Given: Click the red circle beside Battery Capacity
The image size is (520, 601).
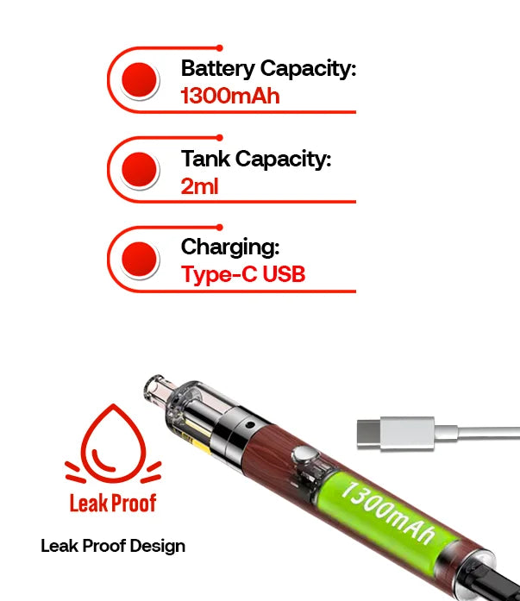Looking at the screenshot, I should coord(140,80).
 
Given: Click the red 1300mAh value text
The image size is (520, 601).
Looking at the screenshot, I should coord(230,95).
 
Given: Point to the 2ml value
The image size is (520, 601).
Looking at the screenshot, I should coord(199,185).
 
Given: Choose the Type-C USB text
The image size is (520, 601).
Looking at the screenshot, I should coord(243,275).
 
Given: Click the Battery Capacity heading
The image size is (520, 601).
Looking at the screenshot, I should coord(268,69).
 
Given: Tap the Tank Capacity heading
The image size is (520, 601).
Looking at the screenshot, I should coord(256,159).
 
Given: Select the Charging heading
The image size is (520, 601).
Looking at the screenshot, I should coord(230,247).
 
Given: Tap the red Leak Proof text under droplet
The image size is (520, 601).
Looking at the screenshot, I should coord(113,502).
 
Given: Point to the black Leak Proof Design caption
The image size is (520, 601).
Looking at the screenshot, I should coord(113,546).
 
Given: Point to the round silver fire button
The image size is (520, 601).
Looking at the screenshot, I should coord(301,456).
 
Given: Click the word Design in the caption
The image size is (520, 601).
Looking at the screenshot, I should coord(160,546).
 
